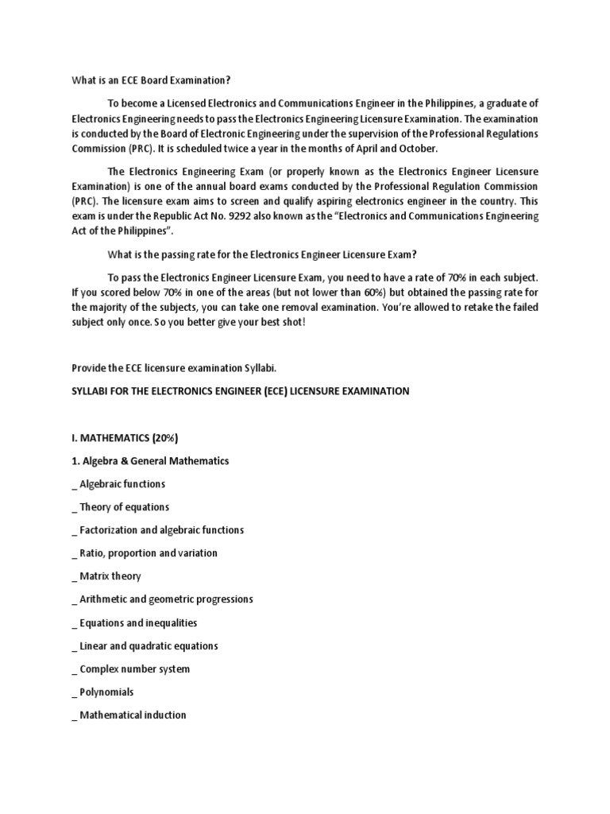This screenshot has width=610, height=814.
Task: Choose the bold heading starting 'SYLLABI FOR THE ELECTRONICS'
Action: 241,391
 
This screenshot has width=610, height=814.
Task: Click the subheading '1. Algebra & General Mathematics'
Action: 150,461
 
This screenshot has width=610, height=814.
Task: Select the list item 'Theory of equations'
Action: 124,507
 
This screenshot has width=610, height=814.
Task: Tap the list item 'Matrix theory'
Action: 110,576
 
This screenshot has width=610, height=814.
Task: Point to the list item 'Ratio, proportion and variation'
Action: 149,553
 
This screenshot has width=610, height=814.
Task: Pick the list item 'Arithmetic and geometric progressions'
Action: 166,599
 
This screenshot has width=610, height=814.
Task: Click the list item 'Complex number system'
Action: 134,669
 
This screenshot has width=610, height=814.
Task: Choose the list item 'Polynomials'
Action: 106,692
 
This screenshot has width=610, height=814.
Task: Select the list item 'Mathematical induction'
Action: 133,715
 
